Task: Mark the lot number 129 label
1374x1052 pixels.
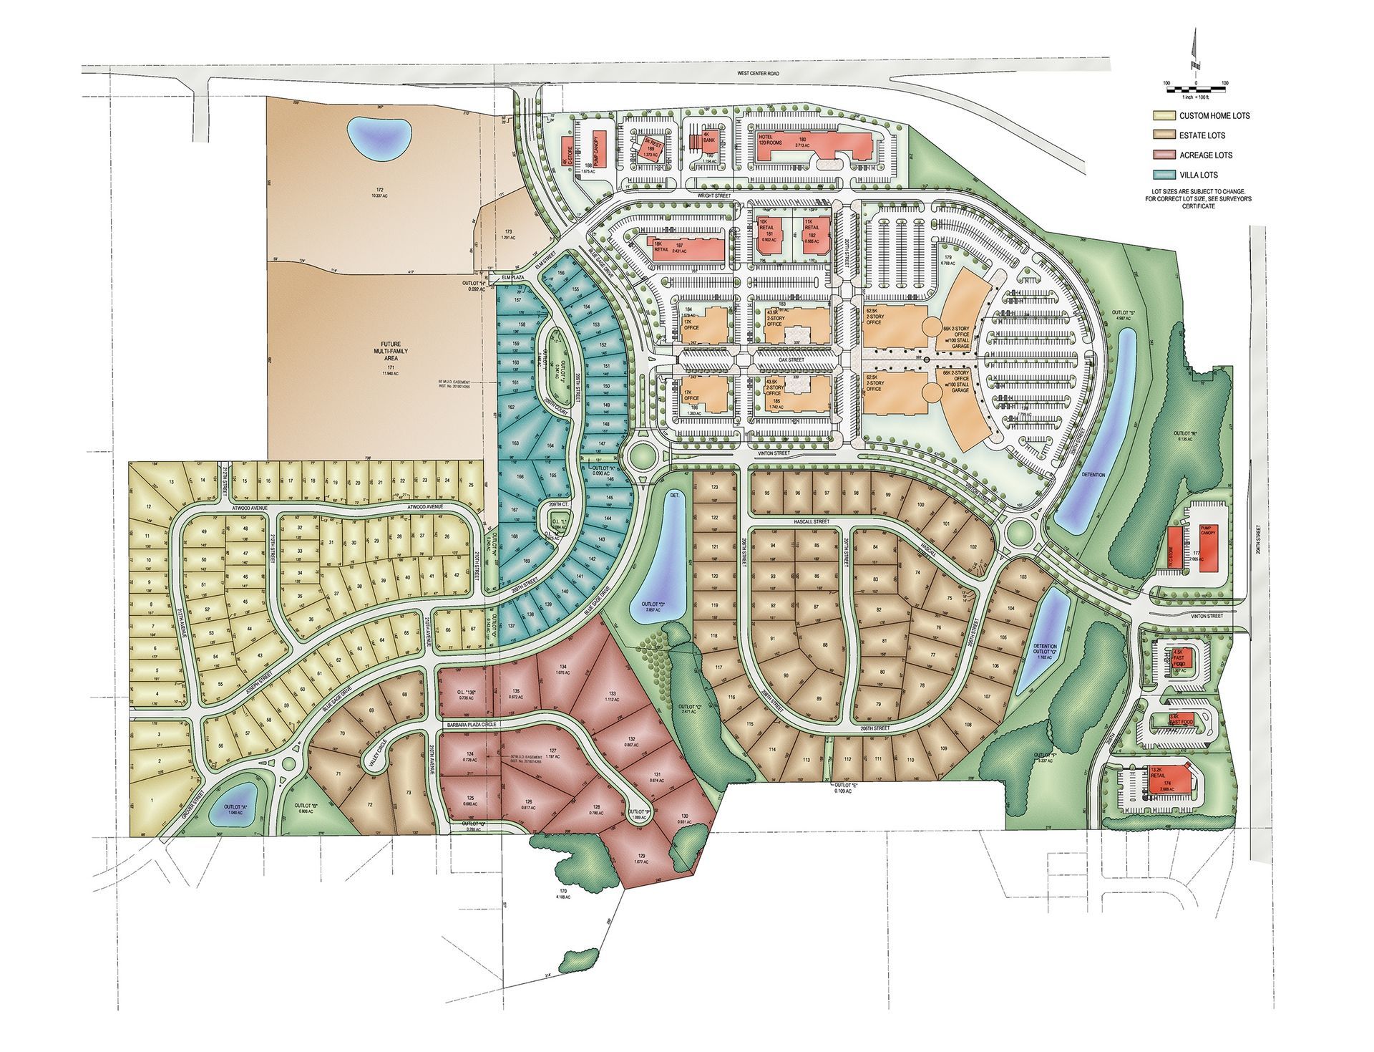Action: coord(641,856)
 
